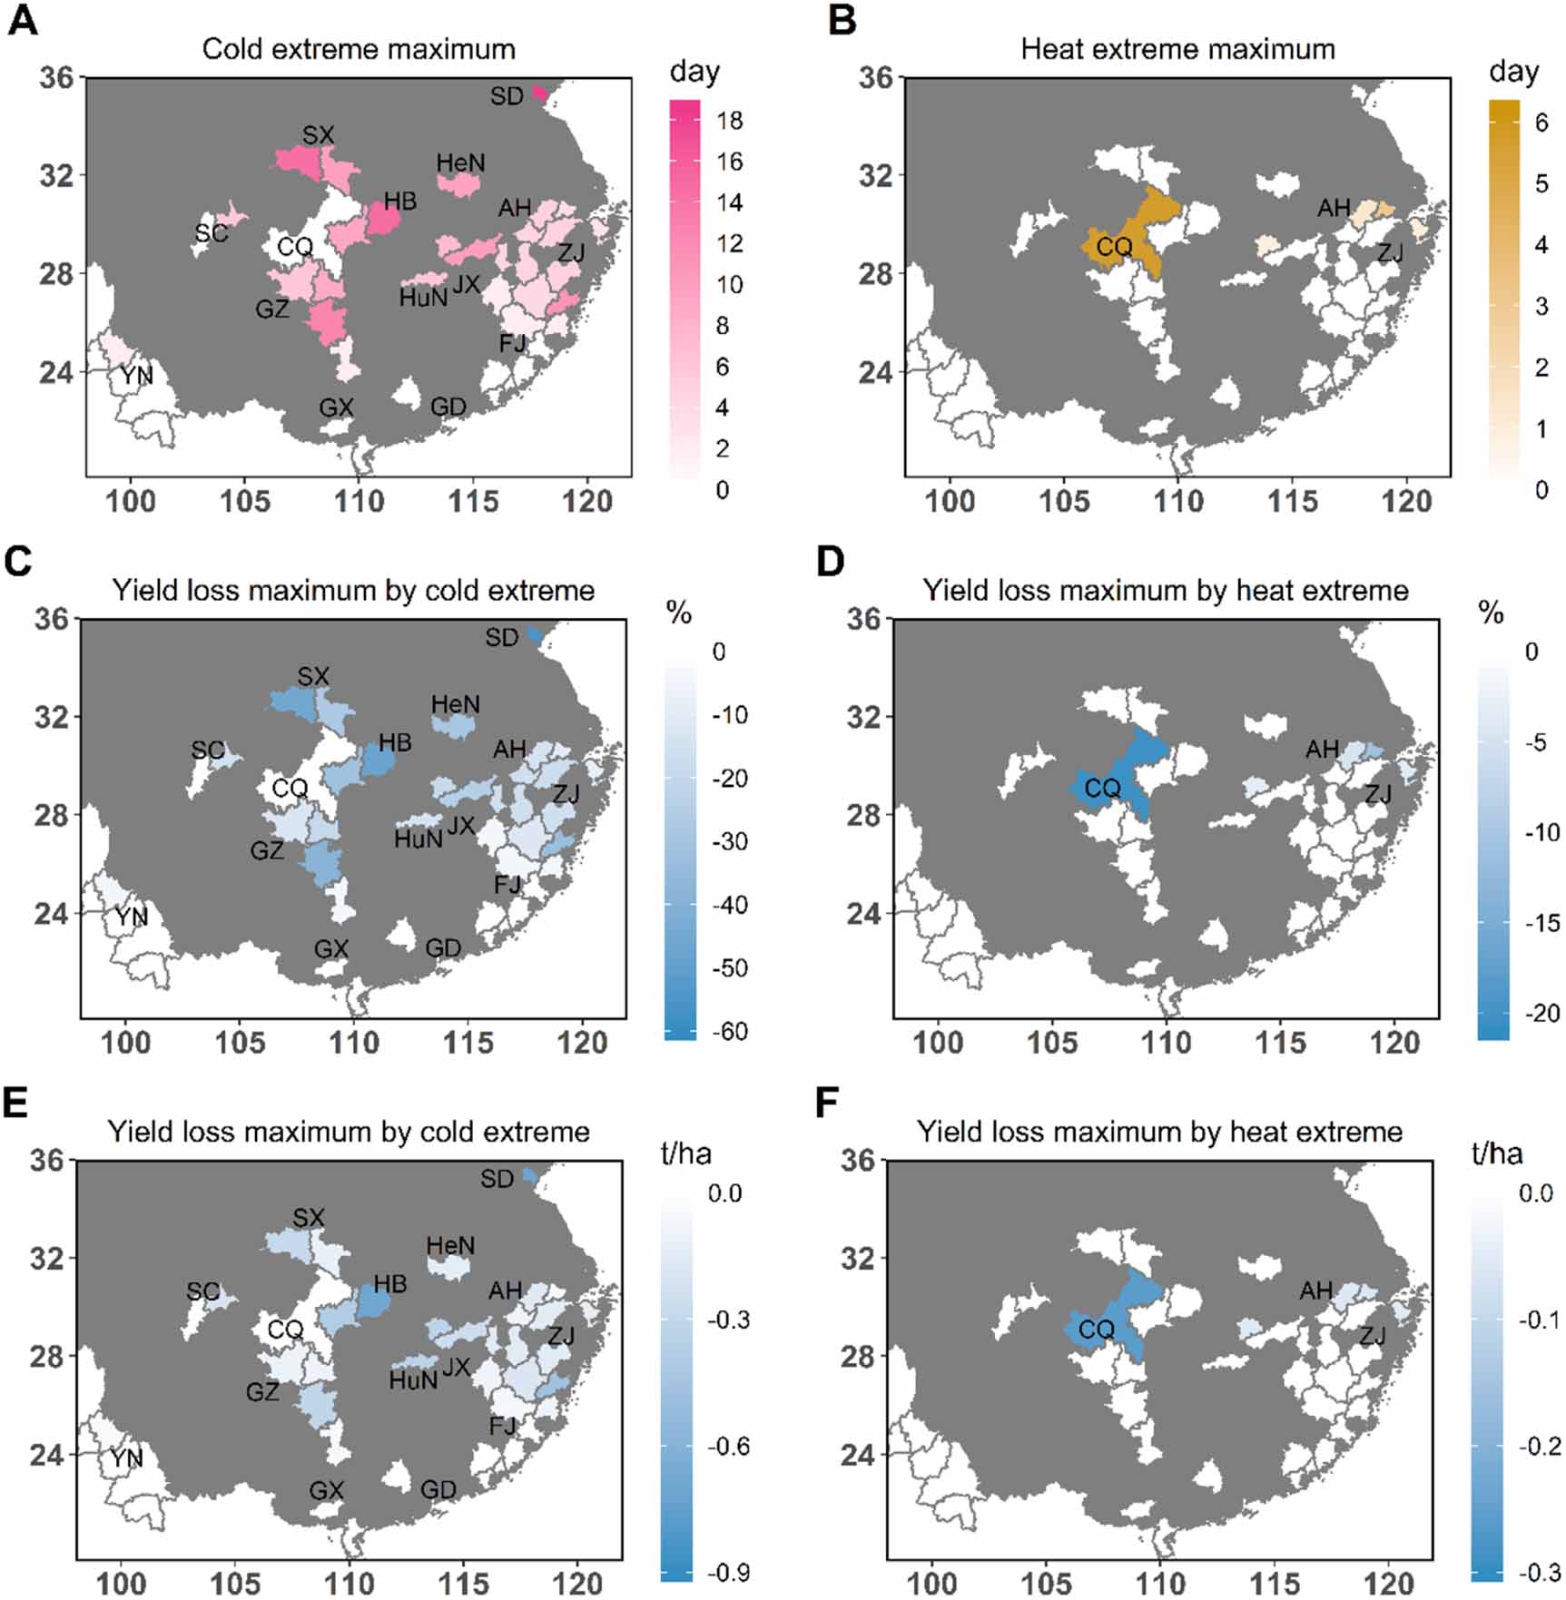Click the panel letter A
point(23,21)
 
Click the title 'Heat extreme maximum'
point(1177,49)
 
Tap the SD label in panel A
point(507,96)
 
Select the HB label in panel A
point(399,201)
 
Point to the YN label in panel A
point(136,375)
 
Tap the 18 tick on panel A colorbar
point(729,121)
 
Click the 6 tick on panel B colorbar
point(1541,123)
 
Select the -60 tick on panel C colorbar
point(729,1031)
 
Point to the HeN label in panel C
point(455,704)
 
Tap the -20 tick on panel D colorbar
point(1540,1014)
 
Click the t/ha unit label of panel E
point(685,1153)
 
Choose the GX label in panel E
point(326,1490)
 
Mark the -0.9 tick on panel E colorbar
point(728,1573)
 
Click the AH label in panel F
point(1315,1291)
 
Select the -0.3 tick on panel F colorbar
point(1538,1573)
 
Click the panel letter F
point(827,1104)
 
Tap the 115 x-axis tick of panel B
point(1292,501)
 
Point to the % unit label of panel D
point(1491,613)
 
